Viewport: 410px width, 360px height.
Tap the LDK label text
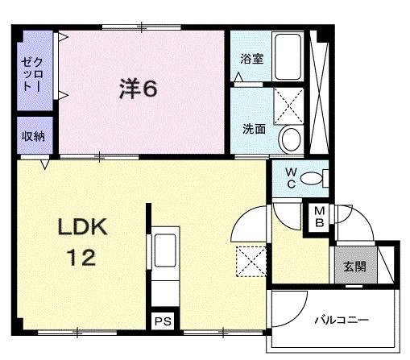tap(83, 227)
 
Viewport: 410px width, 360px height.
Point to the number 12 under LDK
tap(82, 257)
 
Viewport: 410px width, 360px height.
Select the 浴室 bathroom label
tap(251, 59)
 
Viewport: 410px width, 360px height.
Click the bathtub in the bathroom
tap(288, 56)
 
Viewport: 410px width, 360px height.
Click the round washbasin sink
tap(291, 139)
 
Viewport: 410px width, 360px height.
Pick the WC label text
tap(291, 178)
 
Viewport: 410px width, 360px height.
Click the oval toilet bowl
tap(311, 178)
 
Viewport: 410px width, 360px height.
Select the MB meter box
tap(319, 217)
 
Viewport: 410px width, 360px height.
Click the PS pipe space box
tap(163, 321)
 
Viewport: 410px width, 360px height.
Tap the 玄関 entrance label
tap(355, 267)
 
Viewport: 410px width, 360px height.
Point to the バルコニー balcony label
tap(342, 320)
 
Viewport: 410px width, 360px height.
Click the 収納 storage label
tap(33, 137)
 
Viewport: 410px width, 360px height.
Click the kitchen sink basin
tap(165, 250)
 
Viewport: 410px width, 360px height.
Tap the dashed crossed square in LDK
tap(251, 261)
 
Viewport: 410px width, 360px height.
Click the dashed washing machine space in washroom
tap(288, 106)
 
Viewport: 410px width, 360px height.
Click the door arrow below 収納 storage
tap(45, 164)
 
